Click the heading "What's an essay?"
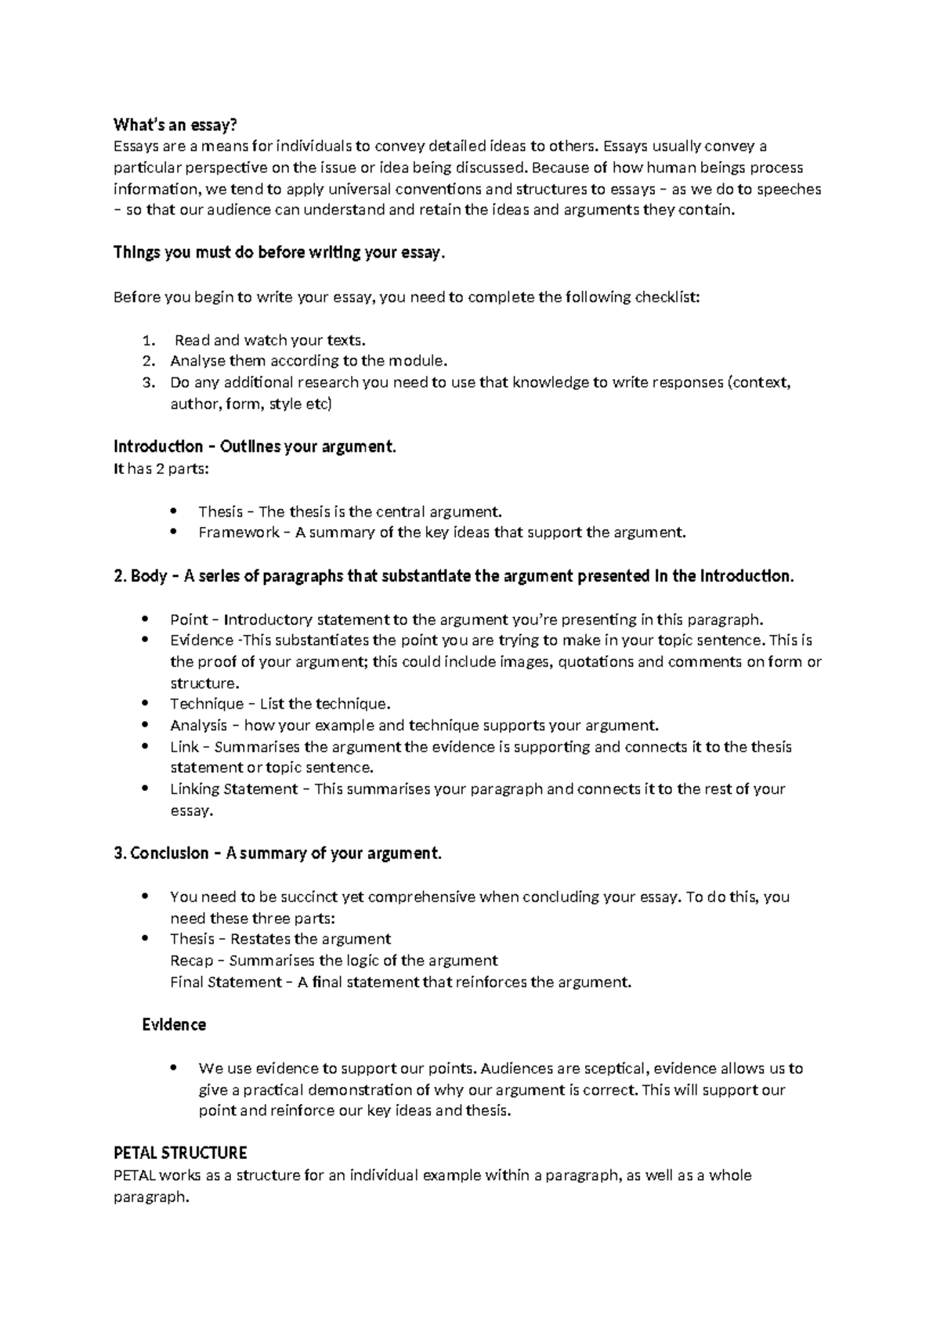click(175, 125)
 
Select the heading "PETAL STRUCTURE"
click(180, 1153)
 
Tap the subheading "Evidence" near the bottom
click(174, 1025)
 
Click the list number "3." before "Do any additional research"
click(150, 383)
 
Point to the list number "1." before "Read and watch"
click(150, 341)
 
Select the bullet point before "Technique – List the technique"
click(146, 704)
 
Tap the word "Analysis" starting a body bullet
click(198, 726)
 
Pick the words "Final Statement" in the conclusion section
click(226, 983)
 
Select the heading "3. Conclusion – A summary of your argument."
click(278, 853)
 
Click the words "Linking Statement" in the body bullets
click(234, 789)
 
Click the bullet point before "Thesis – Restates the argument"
click(146, 939)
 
